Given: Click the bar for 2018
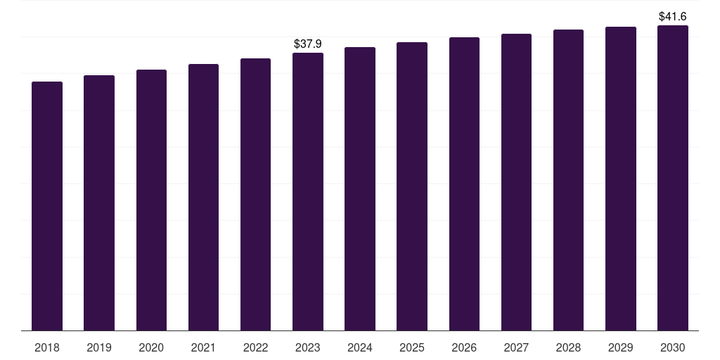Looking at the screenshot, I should (x=47, y=206).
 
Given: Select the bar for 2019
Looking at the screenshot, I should (x=99, y=202).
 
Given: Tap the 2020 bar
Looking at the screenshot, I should (x=151, y=200).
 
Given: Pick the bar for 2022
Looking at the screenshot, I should (x=256, y=194).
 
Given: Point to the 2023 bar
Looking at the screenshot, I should (x=308, y=191).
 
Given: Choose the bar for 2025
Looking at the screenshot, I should (x=412, y=186).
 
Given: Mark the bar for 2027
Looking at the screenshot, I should (x=516, y=182).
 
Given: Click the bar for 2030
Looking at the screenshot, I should (x=673, y=178).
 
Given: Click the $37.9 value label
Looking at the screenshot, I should (x=308, y=44).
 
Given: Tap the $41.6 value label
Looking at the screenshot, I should (x=673, y=16).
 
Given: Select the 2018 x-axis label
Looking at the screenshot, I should (x=47, y=347).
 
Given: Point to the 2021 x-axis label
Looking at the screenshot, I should (x=204, y=347).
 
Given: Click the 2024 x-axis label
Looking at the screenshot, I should (x=360, y=347).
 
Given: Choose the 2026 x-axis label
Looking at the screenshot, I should (x=464, y=347).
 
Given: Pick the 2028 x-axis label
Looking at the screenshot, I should (x=568, y=347).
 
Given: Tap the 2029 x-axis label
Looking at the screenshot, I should (x=621, y=347).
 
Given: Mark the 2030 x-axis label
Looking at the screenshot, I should (x=673, y=347).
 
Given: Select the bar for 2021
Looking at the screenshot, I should (x=204, y=197).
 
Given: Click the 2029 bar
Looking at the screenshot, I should (x=621, y=179).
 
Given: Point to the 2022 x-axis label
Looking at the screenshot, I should (x=256, y=347).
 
